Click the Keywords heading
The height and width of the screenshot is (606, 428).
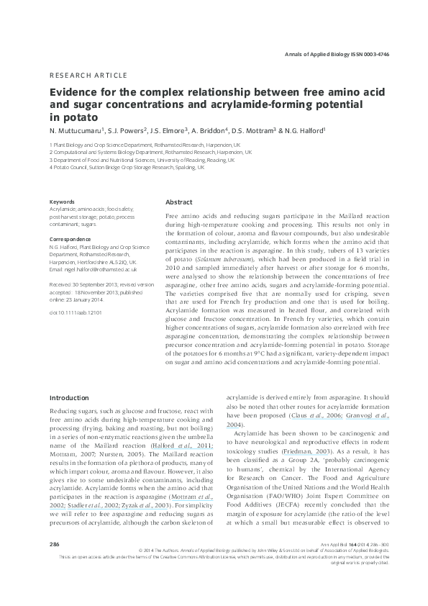click(62, 202)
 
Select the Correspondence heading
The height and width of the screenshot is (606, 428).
click(70, 238)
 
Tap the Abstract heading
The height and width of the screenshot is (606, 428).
click(179, 202)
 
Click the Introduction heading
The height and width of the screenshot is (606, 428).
click(69, 398)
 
